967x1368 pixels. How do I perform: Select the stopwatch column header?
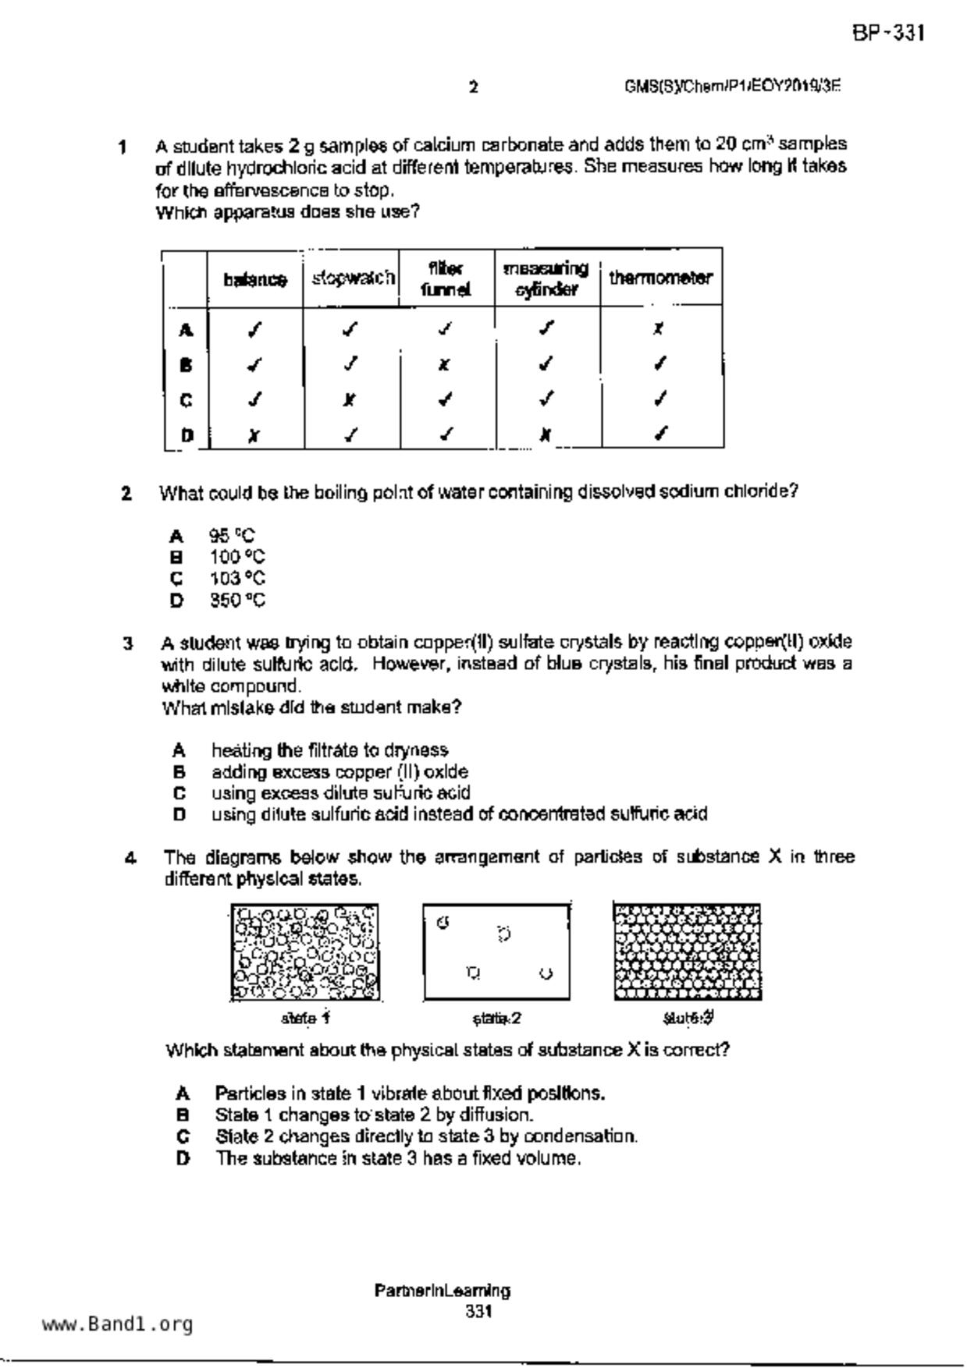click(353, 278)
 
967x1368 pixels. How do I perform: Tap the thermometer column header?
click(660, 278)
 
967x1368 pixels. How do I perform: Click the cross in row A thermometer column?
click(659, 329)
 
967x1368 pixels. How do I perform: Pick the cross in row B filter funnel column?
click(443, 364)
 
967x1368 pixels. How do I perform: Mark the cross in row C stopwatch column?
click(350, 400)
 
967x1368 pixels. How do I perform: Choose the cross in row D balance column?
click(253, 436)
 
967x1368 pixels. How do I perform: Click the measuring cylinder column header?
click(546, 278)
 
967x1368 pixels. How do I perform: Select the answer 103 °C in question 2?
click(237, 579)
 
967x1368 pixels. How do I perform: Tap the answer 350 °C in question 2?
click(237, 601)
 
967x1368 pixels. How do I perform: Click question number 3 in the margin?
click(127, 643)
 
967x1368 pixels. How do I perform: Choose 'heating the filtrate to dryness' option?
click(329, 750)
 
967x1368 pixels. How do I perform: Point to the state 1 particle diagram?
click(305, 952)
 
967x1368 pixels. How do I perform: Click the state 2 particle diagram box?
click(496, 952)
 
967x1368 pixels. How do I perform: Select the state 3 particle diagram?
click(687, 952)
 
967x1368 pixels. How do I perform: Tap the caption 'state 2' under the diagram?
click(496, 1019)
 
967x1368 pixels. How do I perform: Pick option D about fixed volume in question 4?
click(398, 1158)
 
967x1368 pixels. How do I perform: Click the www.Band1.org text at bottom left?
click(117, 1324)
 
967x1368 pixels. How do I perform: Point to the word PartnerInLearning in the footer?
click(442, 1291)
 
